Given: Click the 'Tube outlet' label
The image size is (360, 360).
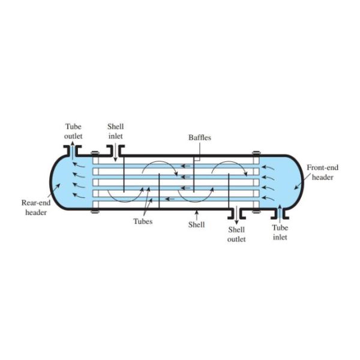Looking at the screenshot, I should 73,131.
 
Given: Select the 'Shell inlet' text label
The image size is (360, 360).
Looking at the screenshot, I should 116,131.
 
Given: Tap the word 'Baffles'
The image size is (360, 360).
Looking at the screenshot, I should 199,137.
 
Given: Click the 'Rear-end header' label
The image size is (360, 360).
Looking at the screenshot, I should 35,207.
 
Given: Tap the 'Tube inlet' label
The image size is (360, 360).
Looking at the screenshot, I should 280,232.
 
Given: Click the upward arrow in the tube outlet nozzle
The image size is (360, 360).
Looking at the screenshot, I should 73,150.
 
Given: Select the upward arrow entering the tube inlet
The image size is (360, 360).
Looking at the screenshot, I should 279,215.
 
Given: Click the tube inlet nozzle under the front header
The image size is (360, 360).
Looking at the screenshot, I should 279,210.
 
